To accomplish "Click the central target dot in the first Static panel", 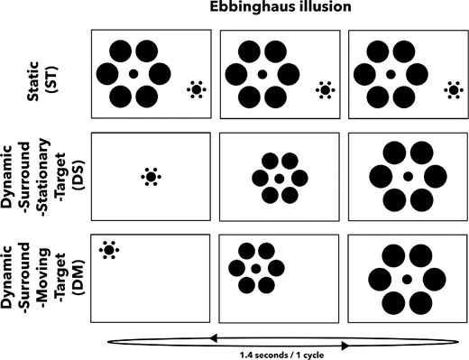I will pos(133,73).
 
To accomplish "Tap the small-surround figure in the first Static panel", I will pos(196,89).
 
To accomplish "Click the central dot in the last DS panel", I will pos(408,176).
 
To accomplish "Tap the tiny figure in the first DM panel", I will pos(109,249).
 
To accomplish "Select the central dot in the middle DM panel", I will pos(256,269).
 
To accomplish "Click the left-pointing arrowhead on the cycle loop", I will pos(213,337).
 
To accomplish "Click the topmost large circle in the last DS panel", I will pos(408,150).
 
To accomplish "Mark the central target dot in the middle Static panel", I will pos(262,73).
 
